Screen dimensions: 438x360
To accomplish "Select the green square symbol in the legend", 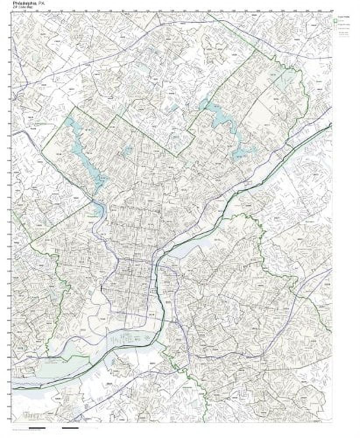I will [x=336, y=20].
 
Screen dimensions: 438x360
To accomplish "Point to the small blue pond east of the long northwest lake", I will [x=127, y=151].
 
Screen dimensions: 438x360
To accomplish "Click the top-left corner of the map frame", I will [x=13, y=13].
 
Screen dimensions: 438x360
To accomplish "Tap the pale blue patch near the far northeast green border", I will [x=287, y=79].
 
